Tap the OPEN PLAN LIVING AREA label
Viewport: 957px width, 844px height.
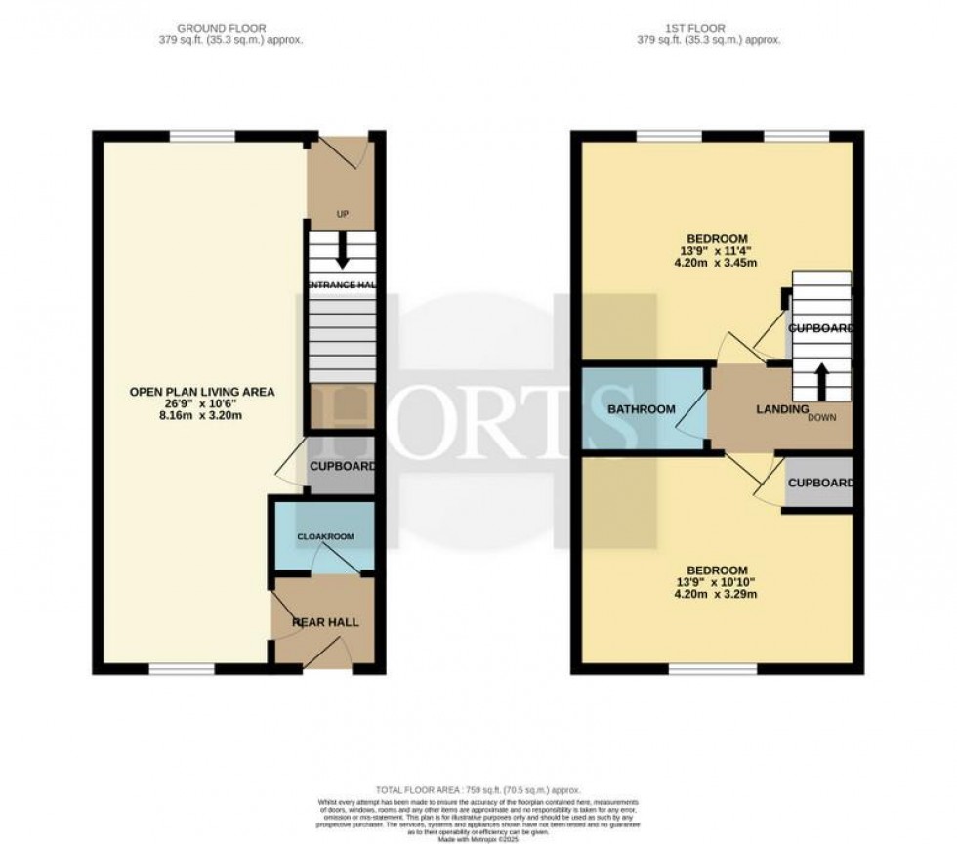pos(202,392)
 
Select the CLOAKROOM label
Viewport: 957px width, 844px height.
pos(325,537)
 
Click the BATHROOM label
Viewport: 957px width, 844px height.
pos(640,409)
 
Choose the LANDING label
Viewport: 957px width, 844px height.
pos(782,409)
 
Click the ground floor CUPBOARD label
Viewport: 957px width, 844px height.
pos(342,467)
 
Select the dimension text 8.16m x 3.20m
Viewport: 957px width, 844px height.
pos(202,413)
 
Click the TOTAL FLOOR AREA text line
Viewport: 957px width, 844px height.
pos(478,789)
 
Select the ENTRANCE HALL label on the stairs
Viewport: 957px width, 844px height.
pos(342,284)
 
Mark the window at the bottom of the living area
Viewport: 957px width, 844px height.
pos(182,670)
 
